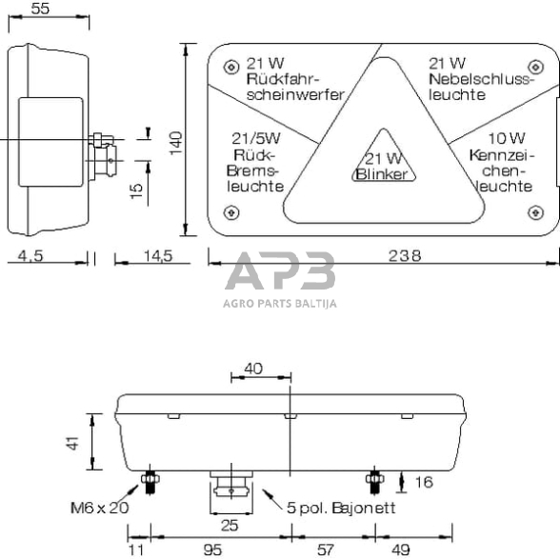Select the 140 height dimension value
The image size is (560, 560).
pyautogui.click(x=174, y=141)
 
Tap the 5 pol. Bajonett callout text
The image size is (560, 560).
pyautogui.click(x=340, y=508)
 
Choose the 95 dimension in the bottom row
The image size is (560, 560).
pyautogui.click(x=211, y=549)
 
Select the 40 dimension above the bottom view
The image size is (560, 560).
pyautogui.click(x=253, y=369)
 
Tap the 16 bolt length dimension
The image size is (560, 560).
pyautogui.click(x=424, y=482)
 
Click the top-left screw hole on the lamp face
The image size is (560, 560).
pyautogui.click(x=228, y=67)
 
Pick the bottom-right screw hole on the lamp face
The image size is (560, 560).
pyautogui.click(x=530, y=212)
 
